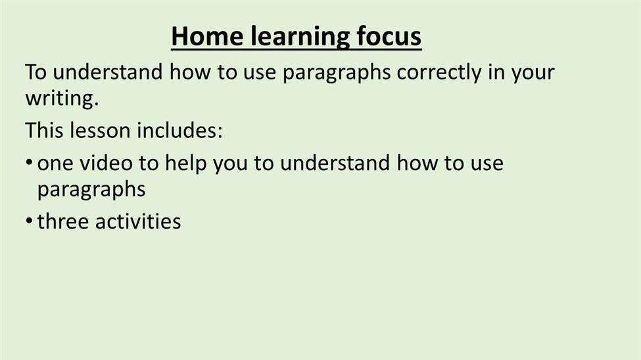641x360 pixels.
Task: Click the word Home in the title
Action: tap(208, 36)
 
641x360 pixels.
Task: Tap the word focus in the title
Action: tap(389, 36)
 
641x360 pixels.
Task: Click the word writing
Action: tap(62, 99)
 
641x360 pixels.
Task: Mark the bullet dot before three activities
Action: tap(29, 221)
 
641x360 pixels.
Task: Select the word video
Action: tap(106, 163)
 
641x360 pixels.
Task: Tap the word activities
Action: tap(138, 221)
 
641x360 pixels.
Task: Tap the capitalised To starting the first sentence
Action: tap(36, 72)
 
